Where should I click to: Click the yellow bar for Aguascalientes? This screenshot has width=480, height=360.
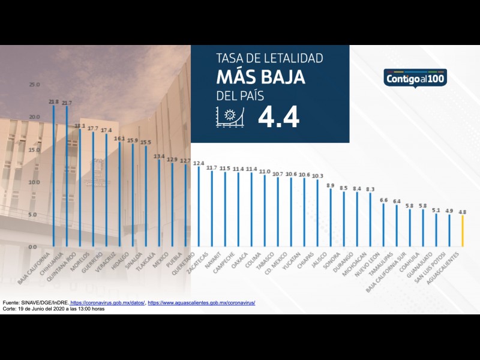[463, 231]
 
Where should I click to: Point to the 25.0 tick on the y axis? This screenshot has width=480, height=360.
[34, 85]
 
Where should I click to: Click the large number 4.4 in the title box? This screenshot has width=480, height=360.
[278, 118]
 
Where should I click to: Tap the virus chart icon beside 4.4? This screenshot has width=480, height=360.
[229, 117]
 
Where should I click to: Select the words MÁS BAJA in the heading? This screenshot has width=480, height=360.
[260, 77]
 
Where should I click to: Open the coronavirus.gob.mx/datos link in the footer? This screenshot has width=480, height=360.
[108, 303]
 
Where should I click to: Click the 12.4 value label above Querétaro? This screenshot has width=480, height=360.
[199, 163]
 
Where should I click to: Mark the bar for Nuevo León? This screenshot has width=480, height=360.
[383, 226]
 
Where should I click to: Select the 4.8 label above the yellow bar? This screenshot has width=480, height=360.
[463, 212]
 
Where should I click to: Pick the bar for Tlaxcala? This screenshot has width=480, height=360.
[159, 203]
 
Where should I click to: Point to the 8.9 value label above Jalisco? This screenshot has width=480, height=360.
[331, 185]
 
